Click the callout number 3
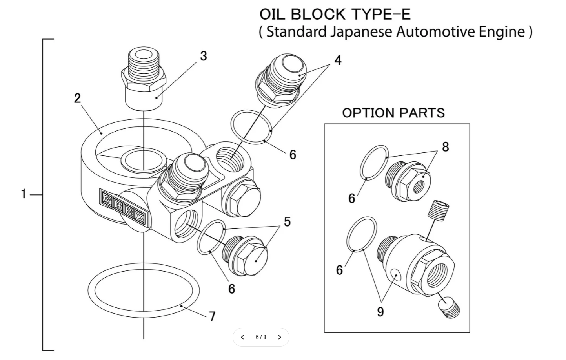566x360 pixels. [203, 56]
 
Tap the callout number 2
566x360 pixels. [77, 98]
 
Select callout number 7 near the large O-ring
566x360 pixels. [212, 316]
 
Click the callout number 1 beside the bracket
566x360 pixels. [24, 194]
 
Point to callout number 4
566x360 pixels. [338, 60]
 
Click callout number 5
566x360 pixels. [287, 222]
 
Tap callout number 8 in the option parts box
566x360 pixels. [445, 147]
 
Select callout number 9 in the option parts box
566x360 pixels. [380, 312]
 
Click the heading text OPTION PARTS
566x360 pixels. [393, 113]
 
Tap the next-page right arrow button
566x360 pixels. [280, 337]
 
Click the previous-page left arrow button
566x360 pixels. [242, 337]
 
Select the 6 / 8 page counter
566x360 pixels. [261, 337]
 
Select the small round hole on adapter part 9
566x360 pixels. [397, 275]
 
